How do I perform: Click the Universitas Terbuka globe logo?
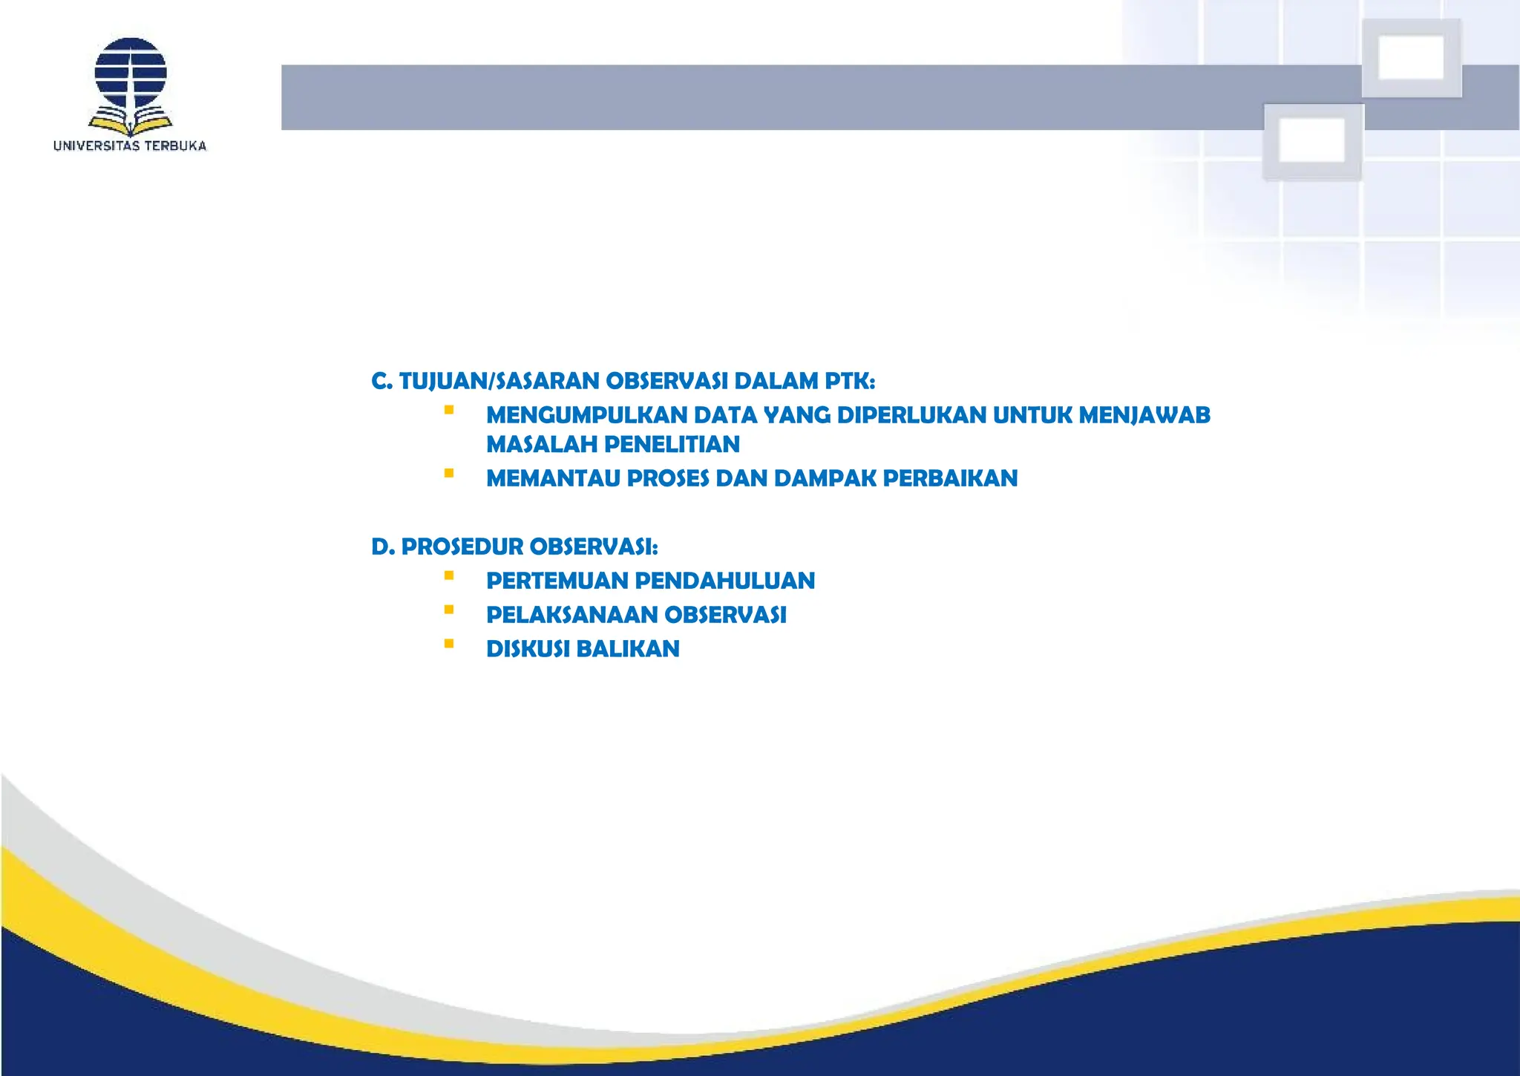pos(131,74)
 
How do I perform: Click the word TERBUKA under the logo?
pos(175,146)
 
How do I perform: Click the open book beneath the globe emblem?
pos(131,120)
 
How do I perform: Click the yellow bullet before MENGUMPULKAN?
pos(449,410)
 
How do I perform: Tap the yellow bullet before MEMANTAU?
pos(449,473)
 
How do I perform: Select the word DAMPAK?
pos(825,478)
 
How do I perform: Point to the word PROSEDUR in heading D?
pos(462,547)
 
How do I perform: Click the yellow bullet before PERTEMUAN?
pos(449,576)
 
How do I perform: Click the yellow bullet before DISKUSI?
pos(449,644)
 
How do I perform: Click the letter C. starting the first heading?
pos(381,381)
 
